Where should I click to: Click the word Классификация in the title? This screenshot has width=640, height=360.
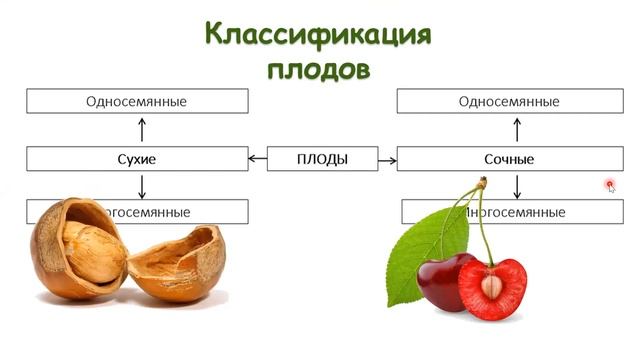pos(318,34)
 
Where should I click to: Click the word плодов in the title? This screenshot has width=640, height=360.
pos(318,69)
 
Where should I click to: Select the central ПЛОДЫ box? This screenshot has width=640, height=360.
pos(321,159)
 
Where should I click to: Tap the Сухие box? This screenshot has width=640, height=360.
pos(136,159)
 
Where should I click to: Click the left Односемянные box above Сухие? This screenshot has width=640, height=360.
pos(136,101)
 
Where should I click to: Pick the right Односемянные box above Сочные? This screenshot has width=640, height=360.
pos(508,101)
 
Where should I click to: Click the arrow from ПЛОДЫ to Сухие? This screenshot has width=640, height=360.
pos(257,159)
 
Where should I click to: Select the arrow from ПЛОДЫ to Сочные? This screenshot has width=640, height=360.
pos(387,159)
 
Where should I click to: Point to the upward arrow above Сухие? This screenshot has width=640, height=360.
pos(142,129)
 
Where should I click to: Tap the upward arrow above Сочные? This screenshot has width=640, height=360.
pos(516,129)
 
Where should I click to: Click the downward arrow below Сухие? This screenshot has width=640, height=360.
pos(142,186)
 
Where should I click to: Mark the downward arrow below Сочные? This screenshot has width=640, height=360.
pos(516,186)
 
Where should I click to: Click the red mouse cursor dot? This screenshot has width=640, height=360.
pos(609,184)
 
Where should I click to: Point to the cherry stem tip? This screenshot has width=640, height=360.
pos(482,182)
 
